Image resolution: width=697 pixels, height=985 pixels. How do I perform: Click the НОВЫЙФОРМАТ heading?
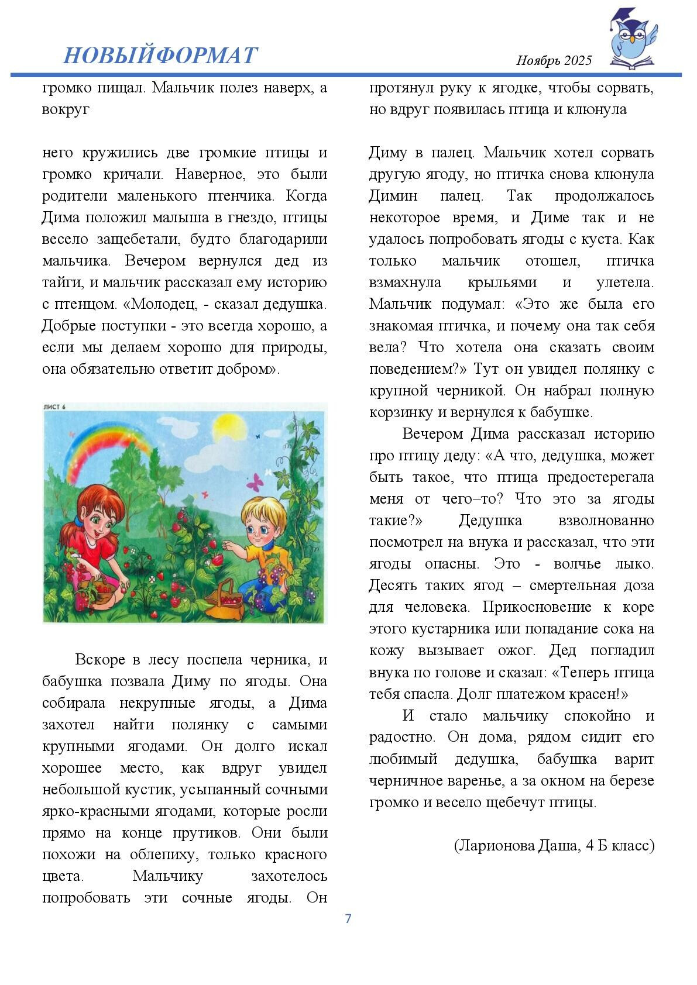coord(160,55)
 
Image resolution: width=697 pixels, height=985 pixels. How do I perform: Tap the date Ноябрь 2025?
coord(554,60)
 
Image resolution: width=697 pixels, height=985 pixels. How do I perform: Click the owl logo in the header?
coord(632,40)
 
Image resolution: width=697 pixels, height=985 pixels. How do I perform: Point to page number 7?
coord(348,918)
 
